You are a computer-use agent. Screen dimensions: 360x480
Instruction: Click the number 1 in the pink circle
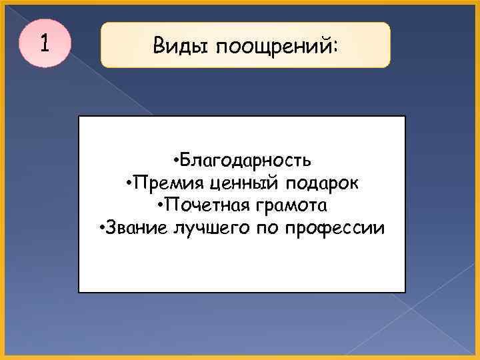pos(44,43)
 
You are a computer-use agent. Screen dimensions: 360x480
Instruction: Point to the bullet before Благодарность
pos(173,161)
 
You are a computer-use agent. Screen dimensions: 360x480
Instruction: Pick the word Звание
pos(135,229)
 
